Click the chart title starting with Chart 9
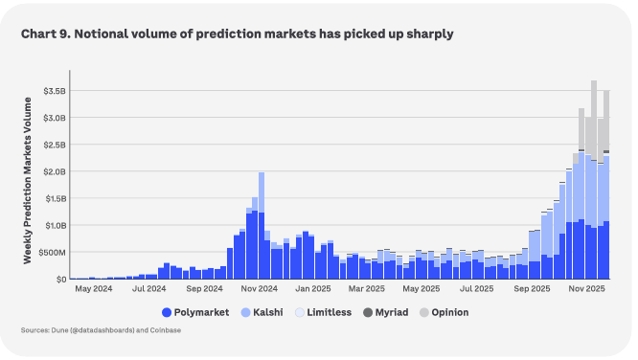pos(237,34)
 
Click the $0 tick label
pos(59,279)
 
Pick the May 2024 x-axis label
pos(95,288)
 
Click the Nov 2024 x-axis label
pos(259,288)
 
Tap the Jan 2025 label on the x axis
pos(314,288)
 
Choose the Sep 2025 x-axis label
pos(533,288)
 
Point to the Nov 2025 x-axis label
pos(586,288)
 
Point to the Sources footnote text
pos(101,330)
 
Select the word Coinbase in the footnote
pos(165,330)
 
